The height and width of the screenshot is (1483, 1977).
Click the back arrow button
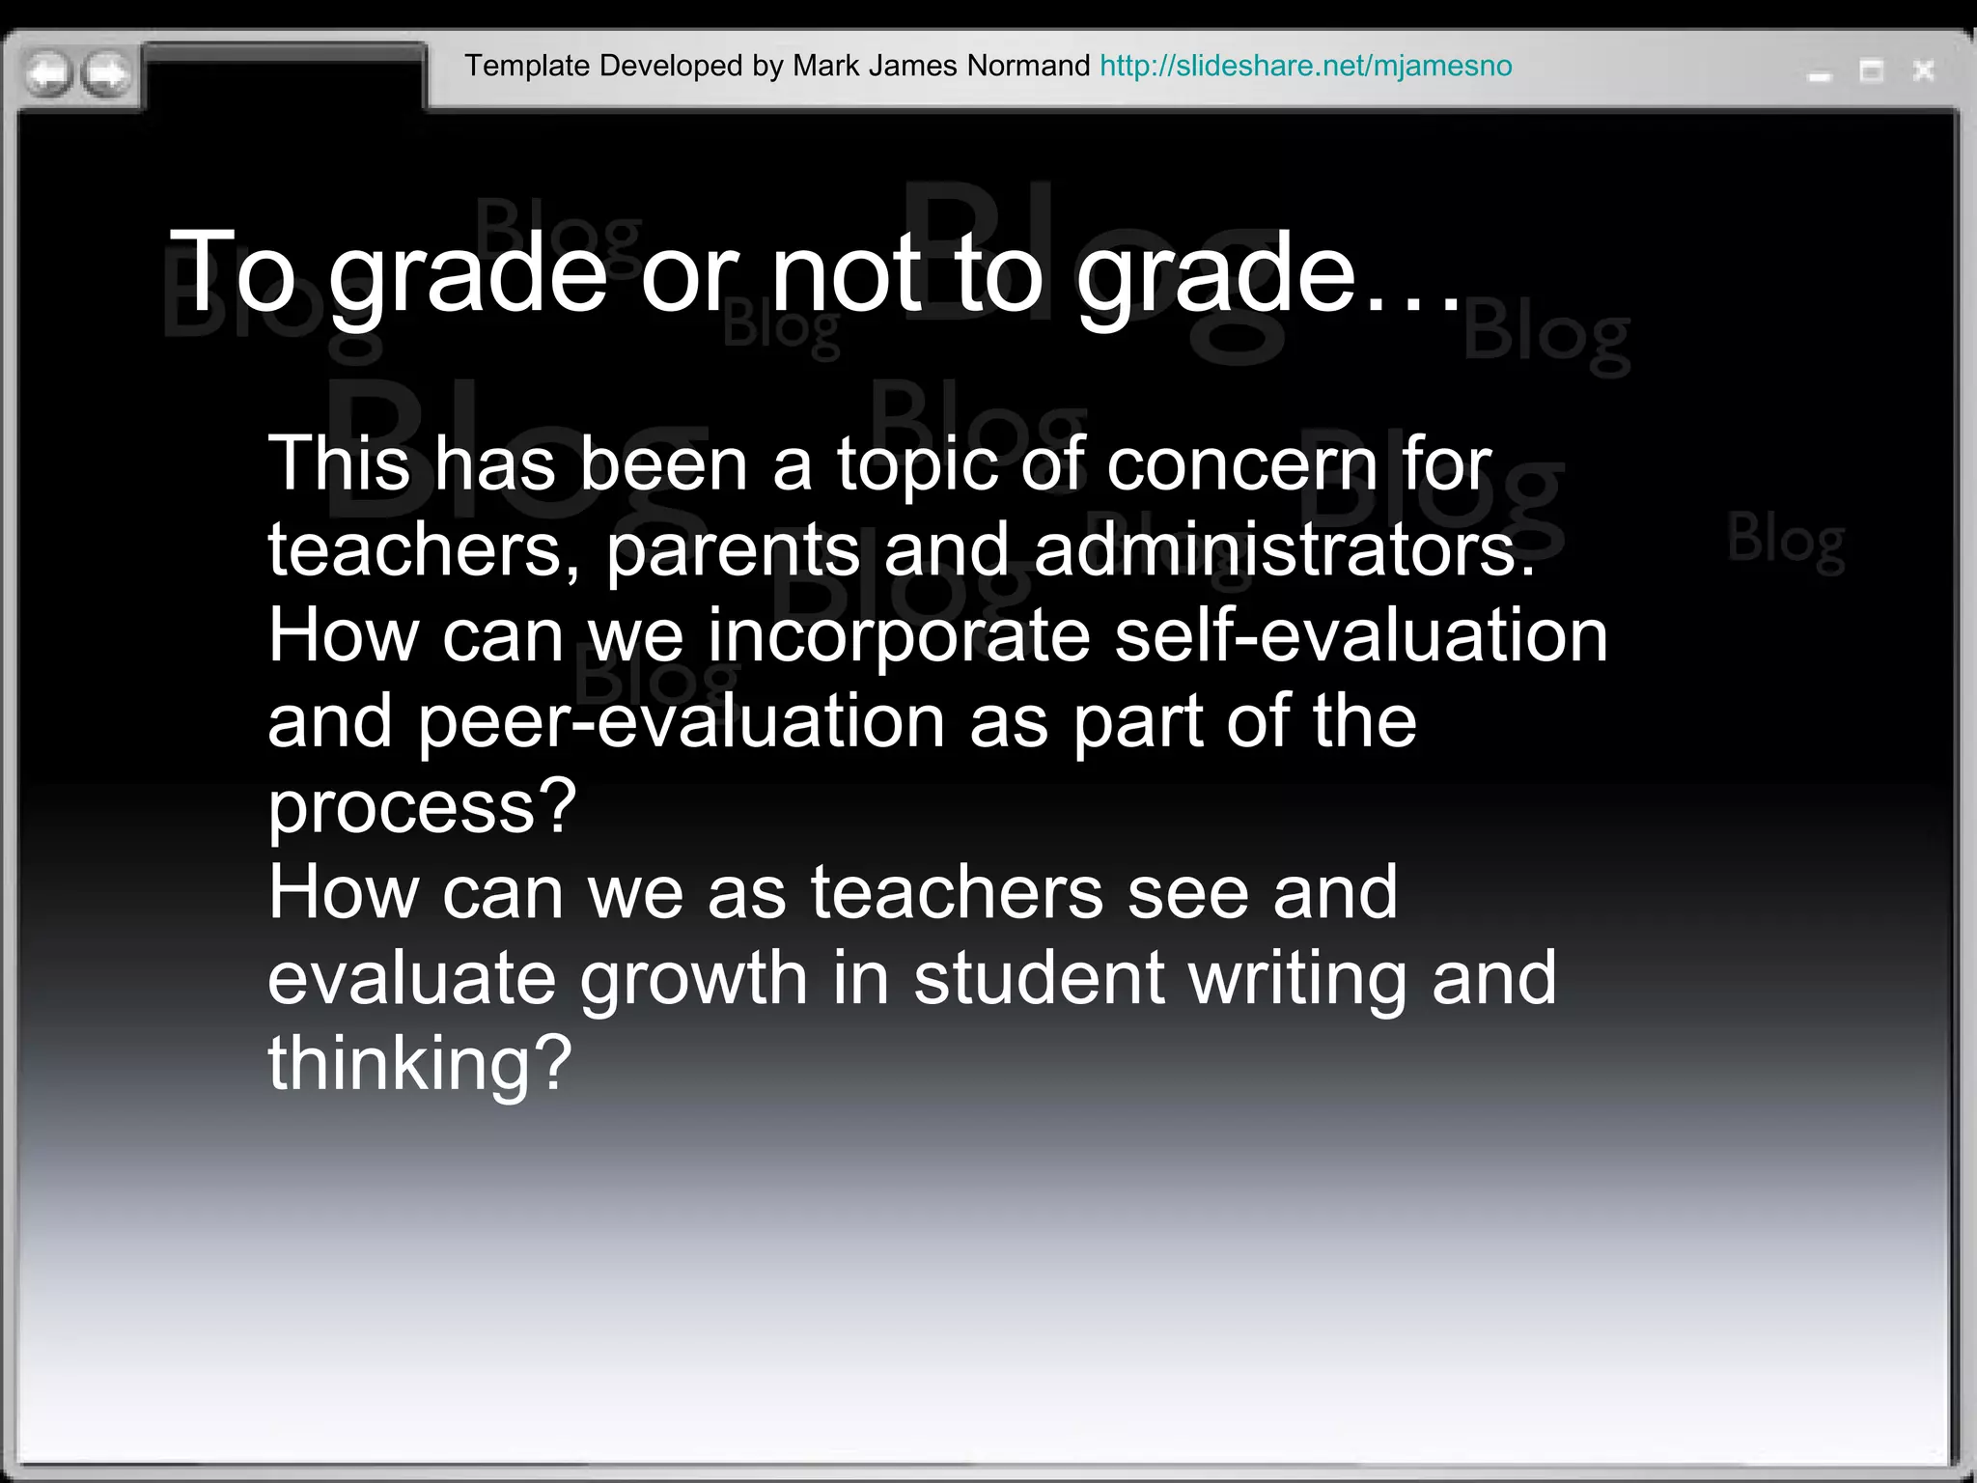pyautogui.click(x=47, y=73)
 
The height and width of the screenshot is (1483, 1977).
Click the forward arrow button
pyautogui.click(x=107, y=73)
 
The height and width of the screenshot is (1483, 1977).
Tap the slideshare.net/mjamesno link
pyautogui.click(x=1305, y=66)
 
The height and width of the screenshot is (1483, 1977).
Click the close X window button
pyautogui.click(x=1923, y=70)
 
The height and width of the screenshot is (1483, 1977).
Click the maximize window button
pyautogui.click(x=1872, y=71)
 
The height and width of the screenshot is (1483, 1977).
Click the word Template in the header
pyautogui.click(x=527, y=66)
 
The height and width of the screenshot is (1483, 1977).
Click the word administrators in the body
pyautogui.click(x=1284, y=550)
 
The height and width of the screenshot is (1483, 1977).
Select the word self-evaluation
pyautogui.click(x=1361, y=636)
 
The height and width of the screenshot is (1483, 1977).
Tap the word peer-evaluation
pyautogui.click(x=681, y=722)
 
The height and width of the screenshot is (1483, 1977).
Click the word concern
pyautogui.click(x=1242, y=465)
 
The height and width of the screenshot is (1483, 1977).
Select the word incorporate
pyautogui.click(x=899, y=638)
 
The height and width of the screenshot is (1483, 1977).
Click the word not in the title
pyautogui.click(x=846, y=274)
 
